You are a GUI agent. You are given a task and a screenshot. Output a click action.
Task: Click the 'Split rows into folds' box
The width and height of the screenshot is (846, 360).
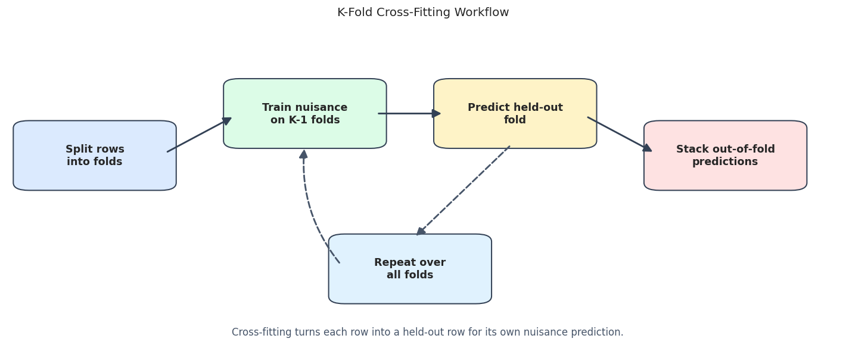click(x=95, y=155)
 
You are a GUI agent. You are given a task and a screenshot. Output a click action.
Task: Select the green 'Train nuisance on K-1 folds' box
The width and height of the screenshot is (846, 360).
click(x=305, y=113)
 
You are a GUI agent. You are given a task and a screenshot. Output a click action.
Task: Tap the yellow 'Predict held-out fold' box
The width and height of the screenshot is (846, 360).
click(x=515, y=113)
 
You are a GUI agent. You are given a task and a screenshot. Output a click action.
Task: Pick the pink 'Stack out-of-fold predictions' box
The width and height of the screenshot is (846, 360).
click(x=726, y=155)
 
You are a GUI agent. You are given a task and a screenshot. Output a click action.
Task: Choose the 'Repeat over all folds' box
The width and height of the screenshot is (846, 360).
click(x=410, y=269)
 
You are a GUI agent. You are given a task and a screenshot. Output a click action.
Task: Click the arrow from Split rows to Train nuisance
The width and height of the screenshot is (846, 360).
click(x=199, y=135)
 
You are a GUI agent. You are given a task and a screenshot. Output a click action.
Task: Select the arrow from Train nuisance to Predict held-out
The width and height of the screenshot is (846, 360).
click(x=409, y=113)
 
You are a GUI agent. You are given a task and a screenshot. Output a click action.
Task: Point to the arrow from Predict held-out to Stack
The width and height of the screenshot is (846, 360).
click(x=620, y=134)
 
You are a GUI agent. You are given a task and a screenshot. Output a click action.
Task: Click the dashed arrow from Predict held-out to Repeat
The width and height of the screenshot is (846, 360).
click(x=463, y=190)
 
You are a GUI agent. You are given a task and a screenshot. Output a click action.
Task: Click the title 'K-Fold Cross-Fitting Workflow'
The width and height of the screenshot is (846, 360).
click(x=423, y=12)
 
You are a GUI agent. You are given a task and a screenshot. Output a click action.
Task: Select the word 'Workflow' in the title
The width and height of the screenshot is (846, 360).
click(x=481, y=12)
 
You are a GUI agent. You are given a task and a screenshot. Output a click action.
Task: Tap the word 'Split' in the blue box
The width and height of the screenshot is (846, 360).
click(x=78, y=149)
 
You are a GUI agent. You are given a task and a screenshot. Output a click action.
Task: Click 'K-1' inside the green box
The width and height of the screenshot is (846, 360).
click(x=298, y=120)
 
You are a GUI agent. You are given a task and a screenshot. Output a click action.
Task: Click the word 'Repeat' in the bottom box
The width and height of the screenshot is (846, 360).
click(x=391, y=262)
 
